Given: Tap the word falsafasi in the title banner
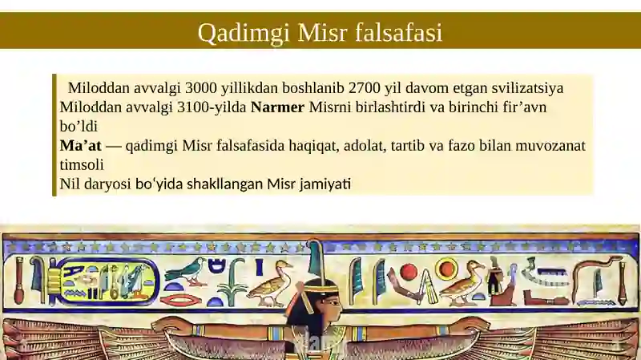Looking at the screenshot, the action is pyautogui.click(x=398, y=32).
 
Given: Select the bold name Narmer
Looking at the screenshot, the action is pyautogui.click(x=277, y=107).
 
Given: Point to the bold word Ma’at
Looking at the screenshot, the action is pyautogui.click(x=81, y=145).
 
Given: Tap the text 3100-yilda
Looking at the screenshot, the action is pyautogui.click(x=212, y=107).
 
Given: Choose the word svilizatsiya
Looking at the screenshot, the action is pyautogui.click(x=527, y=88).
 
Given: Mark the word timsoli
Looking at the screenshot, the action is pyautogui.click(x=82, y=164).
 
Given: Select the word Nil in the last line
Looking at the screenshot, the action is pyautogui.click(x=70, y=184).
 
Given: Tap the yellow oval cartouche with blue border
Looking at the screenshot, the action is pyautogui.click(x=107, y=282).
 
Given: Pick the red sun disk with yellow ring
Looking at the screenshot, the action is pyautogui.click(x=446, y=269).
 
